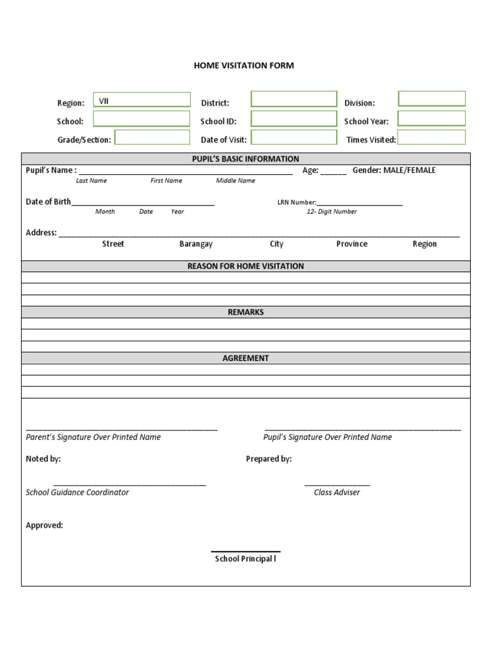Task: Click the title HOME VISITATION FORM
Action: (244, 65)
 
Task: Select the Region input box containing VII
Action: (142, 100)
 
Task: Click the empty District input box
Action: (294, 99)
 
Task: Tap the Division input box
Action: (431, 99)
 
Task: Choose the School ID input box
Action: (294, 119)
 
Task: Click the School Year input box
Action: (431, 118)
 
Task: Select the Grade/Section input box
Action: (152, 138)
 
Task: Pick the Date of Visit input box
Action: (294, 138)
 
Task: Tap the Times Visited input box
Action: (431, 137)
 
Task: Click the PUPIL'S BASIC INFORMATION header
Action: (246, 159)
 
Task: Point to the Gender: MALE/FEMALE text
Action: (394, 170)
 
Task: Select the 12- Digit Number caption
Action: (332, 212)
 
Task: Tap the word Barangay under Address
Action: (196, 244)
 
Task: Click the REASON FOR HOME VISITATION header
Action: (246, 266)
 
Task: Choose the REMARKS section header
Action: (246, 312)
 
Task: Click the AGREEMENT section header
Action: (246, 359)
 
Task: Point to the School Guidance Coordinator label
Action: (78, 493)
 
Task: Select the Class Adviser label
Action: (337, 493)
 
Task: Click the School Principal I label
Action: (246, 559)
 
